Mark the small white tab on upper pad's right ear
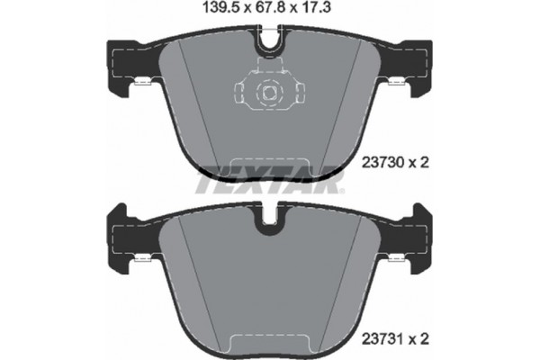[397, 84]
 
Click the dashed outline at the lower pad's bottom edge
[269, 341]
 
